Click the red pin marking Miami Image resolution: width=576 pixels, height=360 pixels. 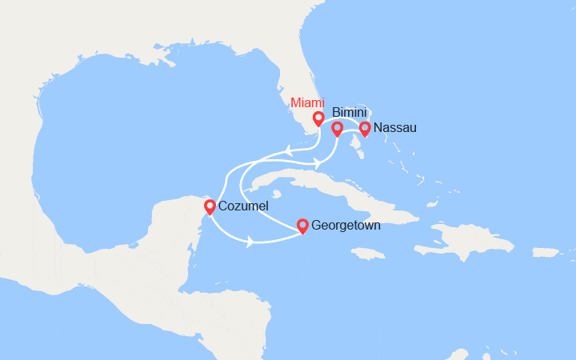(x=318, y=119)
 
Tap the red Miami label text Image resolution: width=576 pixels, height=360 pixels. (x=307, y=102)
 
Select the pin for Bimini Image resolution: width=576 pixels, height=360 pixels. (x=337, y=128)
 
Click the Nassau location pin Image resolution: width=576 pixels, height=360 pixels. (x=365, y=128)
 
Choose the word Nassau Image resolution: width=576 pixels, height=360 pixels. (x=394, y=128)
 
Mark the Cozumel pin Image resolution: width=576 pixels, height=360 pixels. (x=210, y=207)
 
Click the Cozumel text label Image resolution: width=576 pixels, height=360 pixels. (x=243, y=207)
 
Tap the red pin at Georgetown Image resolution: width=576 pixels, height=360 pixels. (x=302, y=226)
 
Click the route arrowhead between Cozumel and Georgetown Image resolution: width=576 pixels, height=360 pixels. (x=251, y=241)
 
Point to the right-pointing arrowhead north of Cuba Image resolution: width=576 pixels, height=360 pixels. (x=317, y=163)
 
